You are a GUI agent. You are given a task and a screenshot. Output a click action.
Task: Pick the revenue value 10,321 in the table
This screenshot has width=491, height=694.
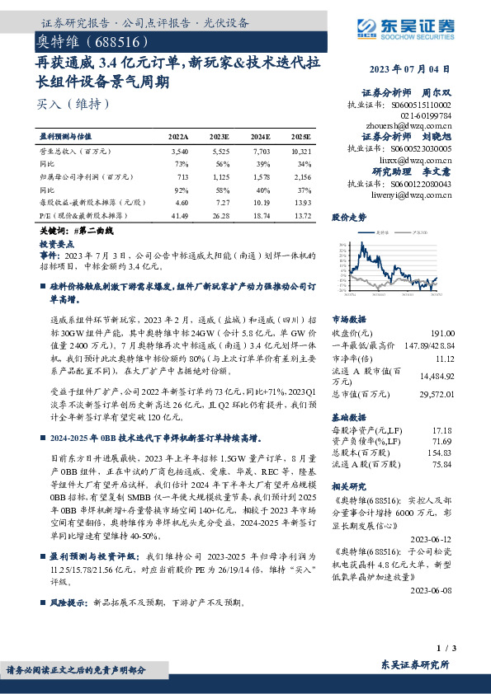[300, 152]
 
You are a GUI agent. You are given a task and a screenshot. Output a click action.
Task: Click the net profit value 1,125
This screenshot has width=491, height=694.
[219, 176]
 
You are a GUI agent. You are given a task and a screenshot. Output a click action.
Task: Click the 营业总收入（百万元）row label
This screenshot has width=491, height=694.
[74, 152]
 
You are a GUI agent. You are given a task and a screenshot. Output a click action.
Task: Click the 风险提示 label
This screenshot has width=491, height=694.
[70, 603]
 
